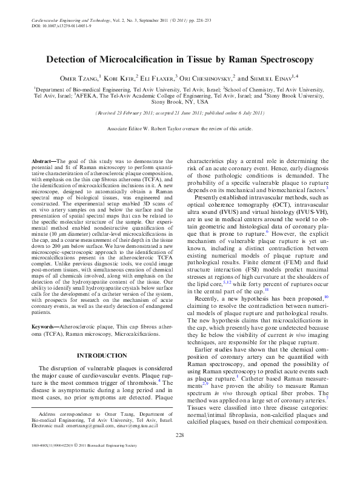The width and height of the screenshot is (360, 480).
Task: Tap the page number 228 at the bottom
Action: [x=179, y=452]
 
